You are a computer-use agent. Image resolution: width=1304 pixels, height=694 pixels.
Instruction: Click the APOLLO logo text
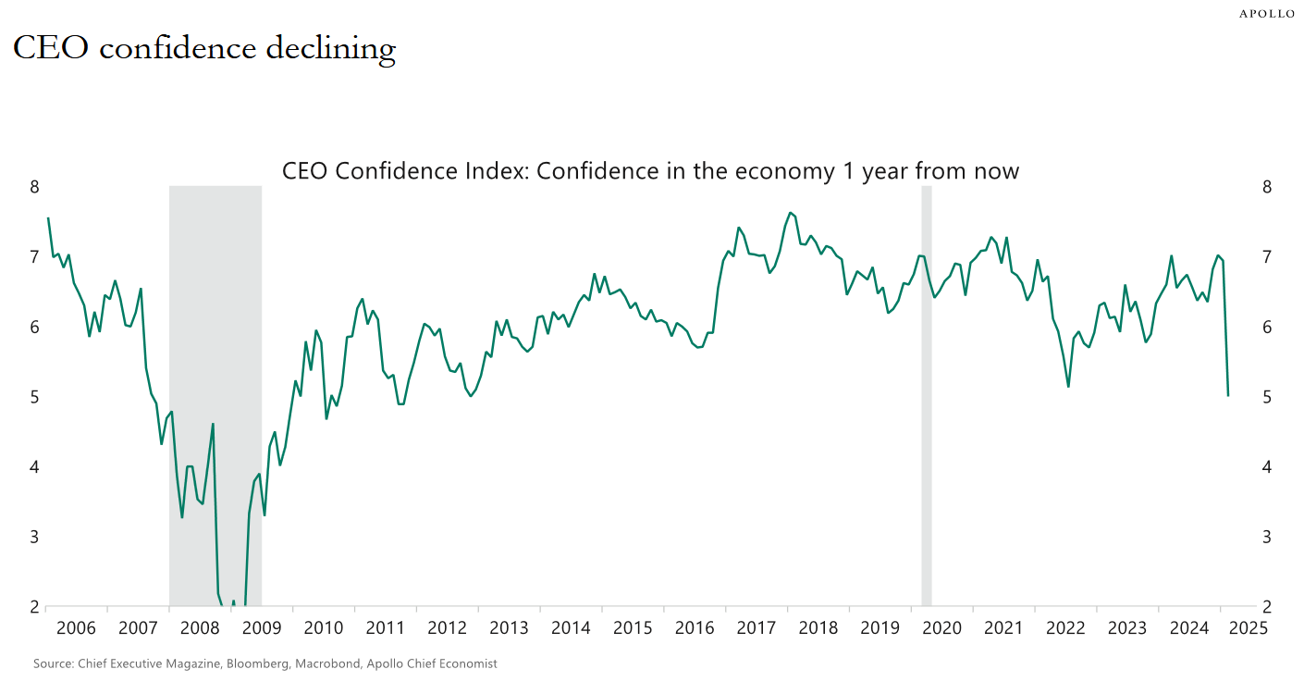1267,14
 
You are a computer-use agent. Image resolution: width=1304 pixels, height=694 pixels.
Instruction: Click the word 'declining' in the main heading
331,49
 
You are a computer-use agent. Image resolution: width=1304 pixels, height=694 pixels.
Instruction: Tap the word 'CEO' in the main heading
51,47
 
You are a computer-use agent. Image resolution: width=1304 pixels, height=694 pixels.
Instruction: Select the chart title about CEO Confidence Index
650,171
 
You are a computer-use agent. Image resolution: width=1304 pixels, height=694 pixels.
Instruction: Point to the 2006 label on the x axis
76,627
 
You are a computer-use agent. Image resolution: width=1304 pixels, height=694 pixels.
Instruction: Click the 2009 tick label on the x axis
262,627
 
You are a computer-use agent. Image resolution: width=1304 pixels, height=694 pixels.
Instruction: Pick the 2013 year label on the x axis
509,627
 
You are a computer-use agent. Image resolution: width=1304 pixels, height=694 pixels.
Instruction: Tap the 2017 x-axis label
757,627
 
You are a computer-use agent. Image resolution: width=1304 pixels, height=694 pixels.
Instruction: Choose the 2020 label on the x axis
941,627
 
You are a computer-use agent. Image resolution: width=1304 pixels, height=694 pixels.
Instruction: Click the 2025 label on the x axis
1249,627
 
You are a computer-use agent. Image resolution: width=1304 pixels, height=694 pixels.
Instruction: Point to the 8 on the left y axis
34,187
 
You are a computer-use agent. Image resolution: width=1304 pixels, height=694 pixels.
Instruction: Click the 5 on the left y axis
34,397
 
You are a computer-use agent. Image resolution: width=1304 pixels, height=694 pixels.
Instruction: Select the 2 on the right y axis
1267,607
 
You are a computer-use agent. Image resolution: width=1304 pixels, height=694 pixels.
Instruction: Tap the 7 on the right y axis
1267,257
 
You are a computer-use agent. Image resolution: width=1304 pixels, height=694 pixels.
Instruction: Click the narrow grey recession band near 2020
926,396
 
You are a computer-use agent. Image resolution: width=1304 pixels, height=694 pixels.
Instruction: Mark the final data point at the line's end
1228,396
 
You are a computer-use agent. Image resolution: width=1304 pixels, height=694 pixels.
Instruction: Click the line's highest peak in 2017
790,213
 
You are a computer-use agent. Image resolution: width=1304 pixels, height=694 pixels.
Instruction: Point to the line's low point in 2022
1068,387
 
